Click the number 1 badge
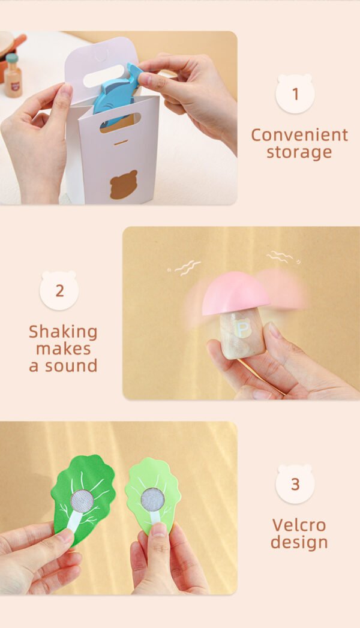coord(295,94)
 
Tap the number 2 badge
coord(59,290)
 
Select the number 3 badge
coord(295,484)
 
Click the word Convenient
coord(299,135)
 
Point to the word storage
coord(299,152)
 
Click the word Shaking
coord(63,332)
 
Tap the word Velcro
coord(299,525)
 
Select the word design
coord(299,542)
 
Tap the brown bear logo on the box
coord(124,185)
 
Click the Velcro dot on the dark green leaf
coord(82,500)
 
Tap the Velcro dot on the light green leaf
coord(152,499)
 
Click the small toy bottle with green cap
coord(13,76)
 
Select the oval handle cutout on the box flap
coord(103,77)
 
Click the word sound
coord(71,366)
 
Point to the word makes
coord(63,349)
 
